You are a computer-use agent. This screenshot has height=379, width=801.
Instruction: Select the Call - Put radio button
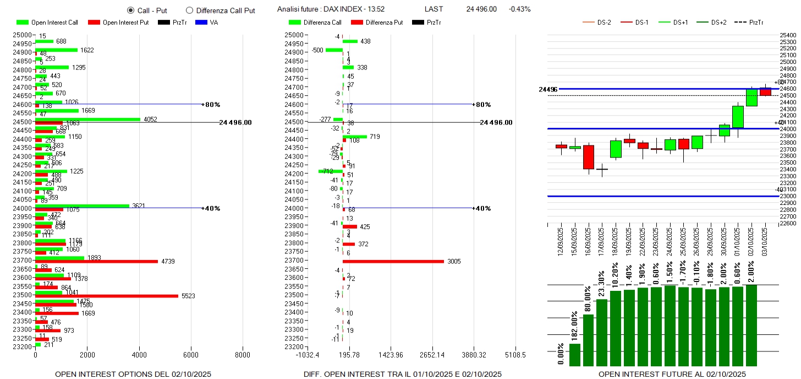tap(130, 10)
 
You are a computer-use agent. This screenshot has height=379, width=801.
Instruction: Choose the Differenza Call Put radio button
tap(189, 10)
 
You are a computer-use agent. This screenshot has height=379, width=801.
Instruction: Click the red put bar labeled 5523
tap(107, 296)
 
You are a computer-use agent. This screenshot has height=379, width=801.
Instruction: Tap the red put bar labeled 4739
tap(96, 261)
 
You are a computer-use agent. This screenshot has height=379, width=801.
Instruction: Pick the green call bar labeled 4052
tap(88, 119)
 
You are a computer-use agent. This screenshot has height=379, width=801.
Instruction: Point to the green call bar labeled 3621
tap(82, 205)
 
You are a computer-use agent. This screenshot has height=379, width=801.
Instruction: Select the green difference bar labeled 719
tap(354, 137)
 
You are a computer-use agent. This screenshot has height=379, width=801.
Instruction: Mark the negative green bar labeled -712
tap(330, 171)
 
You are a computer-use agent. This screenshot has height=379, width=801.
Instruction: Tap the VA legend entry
tap(214, 23)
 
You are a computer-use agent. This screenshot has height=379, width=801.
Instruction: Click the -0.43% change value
tap(519, 9)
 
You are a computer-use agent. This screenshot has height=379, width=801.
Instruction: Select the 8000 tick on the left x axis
tap(243, 355)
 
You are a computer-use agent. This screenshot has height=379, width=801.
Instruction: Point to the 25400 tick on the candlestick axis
tap(788, 35)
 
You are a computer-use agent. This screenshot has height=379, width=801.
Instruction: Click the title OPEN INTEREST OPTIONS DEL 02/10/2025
tap(133, 375)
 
